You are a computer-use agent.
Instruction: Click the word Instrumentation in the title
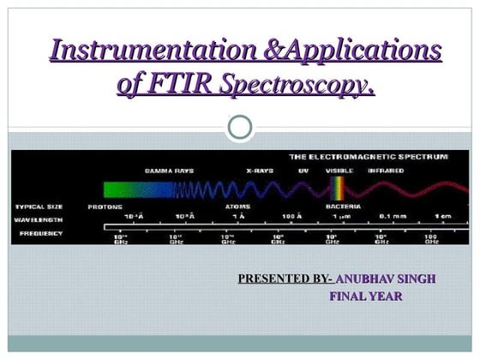137,51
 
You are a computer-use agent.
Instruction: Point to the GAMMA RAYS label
168,171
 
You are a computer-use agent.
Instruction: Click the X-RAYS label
259,171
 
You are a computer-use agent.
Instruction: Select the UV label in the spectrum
303,171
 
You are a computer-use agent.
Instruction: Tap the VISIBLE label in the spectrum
339,171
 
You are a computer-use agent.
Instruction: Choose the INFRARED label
387,171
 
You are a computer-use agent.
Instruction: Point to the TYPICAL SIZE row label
38,207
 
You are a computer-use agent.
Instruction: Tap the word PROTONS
105,207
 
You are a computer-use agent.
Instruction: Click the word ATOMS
237,207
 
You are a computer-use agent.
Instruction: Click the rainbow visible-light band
340,189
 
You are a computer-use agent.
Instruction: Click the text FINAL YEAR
366,297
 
